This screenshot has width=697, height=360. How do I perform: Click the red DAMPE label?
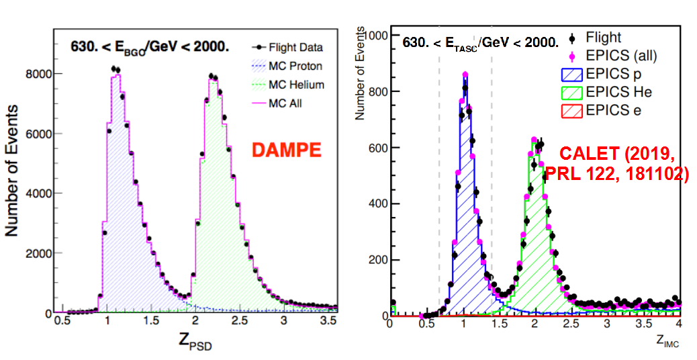[x=285, y=149]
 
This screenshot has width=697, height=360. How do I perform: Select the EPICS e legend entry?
[x=613, y=109]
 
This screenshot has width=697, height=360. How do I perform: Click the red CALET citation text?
[x=616, y=163]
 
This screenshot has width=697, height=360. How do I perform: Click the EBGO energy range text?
[x=150, y=46]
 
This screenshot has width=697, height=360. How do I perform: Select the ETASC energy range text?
[x=480, y=42]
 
